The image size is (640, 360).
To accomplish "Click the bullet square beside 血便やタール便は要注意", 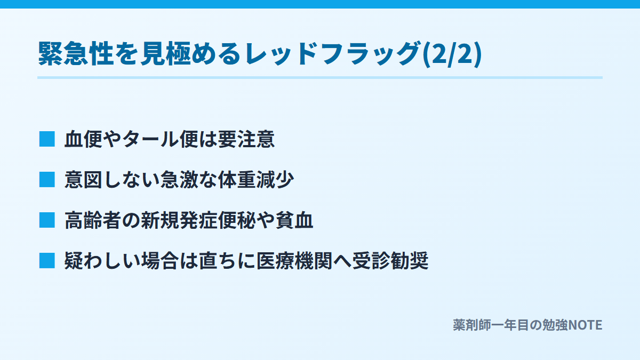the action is click(47, 139).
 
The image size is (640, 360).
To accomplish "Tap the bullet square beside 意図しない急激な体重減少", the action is click(47, 180).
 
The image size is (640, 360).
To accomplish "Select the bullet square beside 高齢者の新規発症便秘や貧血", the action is click(47, 220).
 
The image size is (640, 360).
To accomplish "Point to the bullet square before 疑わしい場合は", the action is click(47, 261).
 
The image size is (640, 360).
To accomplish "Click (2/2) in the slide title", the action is click(452, 54).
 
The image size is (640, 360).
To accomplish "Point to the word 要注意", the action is click(246, 139).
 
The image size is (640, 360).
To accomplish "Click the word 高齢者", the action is click(93, 220).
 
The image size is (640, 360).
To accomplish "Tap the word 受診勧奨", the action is click(390, 261).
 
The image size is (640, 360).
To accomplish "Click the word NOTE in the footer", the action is click(585, 325).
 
